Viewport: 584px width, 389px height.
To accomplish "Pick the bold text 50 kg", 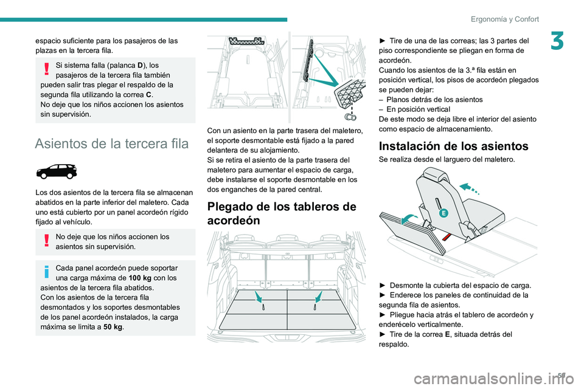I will click(x=113, y=327).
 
